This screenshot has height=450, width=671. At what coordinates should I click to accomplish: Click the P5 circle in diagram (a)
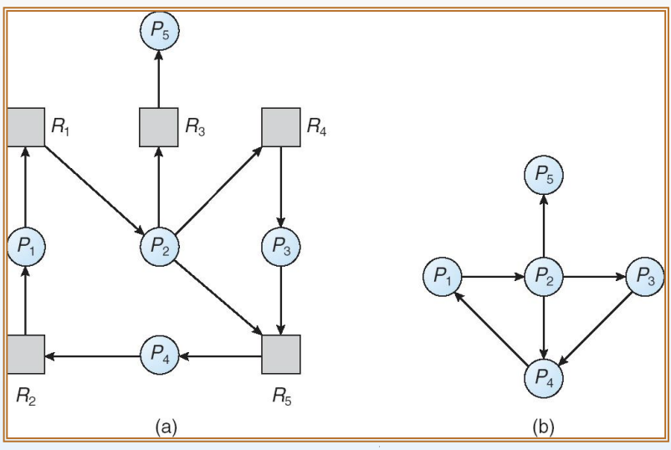click(x=159, y=31)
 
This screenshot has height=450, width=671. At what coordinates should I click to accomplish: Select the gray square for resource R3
click(x=159, y=127)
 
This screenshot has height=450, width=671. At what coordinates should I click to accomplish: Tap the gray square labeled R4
click(x=281, y=127)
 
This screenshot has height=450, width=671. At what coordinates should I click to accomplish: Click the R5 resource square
click(x=281, y=354)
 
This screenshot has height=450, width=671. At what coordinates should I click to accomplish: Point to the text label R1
click(x=60, y=126)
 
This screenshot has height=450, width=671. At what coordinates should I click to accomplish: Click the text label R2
click(x=26, y=396)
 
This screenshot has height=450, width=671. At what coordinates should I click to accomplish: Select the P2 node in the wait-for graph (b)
click(x=544, y=277)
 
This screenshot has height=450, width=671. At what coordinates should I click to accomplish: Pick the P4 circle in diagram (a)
click(x=159, y=355)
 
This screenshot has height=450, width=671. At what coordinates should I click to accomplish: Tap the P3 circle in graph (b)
click(x=645, y=277)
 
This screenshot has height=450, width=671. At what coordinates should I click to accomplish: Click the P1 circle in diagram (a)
click(x=26, y=247)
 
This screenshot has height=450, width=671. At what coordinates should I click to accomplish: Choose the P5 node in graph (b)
click(x=544, y=175)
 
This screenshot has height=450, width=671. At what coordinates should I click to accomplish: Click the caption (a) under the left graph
click(x=166, y=427)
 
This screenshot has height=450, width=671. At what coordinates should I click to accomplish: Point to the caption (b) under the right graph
click(x=543, y=427)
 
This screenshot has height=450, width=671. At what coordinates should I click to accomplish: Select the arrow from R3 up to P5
click(x=159, y=79)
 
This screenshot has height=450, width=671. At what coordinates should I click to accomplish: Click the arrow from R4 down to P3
click(x=281, y=187)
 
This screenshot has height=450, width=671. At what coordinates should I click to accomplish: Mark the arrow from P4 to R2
click(x=92, y=355)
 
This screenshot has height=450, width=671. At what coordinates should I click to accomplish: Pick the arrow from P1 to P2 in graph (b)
click(x=493, y=277)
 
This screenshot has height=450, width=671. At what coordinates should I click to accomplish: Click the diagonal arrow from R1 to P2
click(x=95, y=191)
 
